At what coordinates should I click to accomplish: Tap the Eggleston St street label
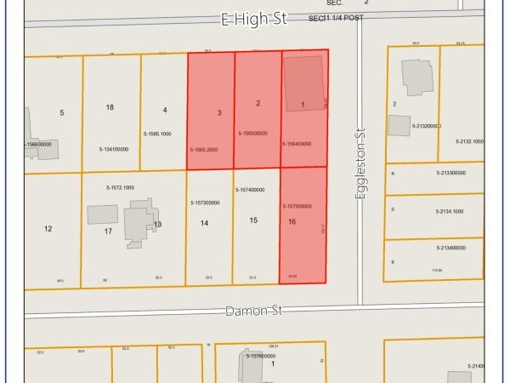[x=360, y=170]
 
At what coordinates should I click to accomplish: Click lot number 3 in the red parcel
[x=219, y=112]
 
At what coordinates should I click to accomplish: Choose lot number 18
[x=110, y=107]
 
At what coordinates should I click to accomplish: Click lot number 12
[x=48, y=228]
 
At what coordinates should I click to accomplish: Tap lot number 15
[x=253, y=220]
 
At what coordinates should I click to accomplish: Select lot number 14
[x=204, y=223]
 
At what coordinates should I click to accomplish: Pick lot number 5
[x=61, y=112]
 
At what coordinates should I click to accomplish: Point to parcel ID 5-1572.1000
[x=120, y=187]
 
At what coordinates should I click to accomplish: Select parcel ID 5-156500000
[x=252, y=134]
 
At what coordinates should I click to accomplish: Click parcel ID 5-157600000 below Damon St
[x=267, y=356]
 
